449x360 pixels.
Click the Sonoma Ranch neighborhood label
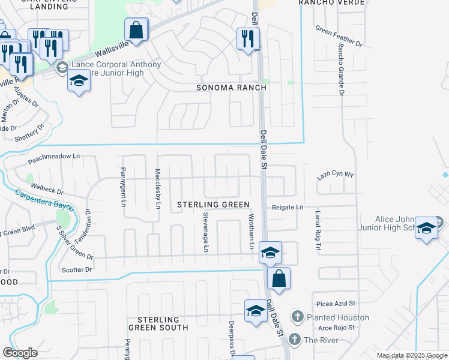[x=231, y=88]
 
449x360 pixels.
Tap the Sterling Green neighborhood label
[x=213, y=205]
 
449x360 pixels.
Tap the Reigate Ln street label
[x=286, y=207]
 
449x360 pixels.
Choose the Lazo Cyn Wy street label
[x=336, y=175]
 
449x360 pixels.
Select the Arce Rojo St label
[x=336, y=328]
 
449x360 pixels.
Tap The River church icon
[x=294, y=340]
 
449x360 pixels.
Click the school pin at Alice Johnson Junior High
[x=426, y=228]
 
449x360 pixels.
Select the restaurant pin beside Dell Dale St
[x=247, y=39]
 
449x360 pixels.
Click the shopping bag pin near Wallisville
[x=136, y=29]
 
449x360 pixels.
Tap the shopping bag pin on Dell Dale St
[x=279, y=278]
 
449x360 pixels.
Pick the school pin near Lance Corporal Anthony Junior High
[x=78, y=81]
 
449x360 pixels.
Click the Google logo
[x=20, y=353]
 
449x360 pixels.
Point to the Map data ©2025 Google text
[x=412, y=355]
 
